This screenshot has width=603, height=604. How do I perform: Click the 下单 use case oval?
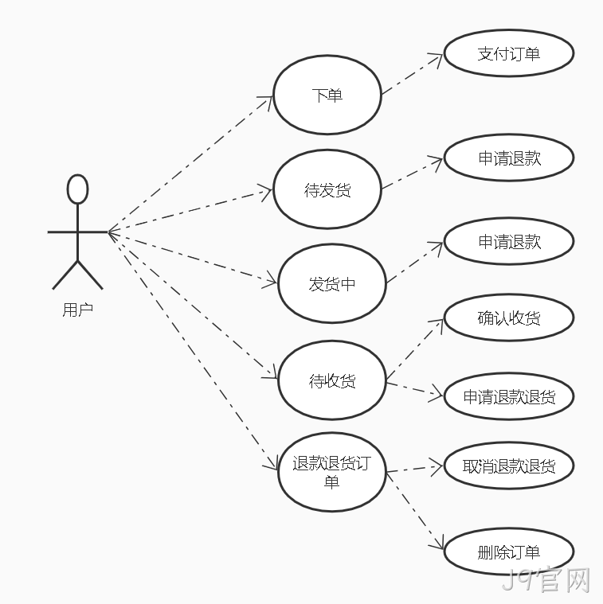point(327,95)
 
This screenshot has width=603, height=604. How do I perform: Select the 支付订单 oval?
point(509,53)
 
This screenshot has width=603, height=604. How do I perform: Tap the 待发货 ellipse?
point(327,189)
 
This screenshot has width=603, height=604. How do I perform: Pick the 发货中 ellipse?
point(332,283)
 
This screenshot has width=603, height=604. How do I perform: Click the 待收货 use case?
point(332,380)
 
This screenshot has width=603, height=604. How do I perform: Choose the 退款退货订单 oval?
point(332,472)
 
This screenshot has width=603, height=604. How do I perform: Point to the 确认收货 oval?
point(509,318)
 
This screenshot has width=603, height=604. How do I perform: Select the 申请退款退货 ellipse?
point(509,396)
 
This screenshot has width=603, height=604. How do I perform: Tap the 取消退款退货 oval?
point(509,466)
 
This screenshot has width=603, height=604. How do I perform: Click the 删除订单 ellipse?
point(509,552)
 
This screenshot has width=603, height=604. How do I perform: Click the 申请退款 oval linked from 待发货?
point(509,158)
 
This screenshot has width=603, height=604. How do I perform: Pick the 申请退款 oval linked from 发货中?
point(509,241)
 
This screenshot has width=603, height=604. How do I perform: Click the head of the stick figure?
point(77,189)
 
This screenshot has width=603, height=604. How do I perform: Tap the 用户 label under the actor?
point(77,310)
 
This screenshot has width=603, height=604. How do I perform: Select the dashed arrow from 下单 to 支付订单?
point(412,74)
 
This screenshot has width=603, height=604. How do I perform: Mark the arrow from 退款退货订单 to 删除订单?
point(415,511)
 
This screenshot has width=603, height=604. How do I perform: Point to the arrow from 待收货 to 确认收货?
point(414,350)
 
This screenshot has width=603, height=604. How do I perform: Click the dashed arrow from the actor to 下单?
point(190,164)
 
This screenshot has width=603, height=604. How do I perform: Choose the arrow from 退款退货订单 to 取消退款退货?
point(414,469)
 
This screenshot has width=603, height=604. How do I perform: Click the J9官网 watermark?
point(546,579)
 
